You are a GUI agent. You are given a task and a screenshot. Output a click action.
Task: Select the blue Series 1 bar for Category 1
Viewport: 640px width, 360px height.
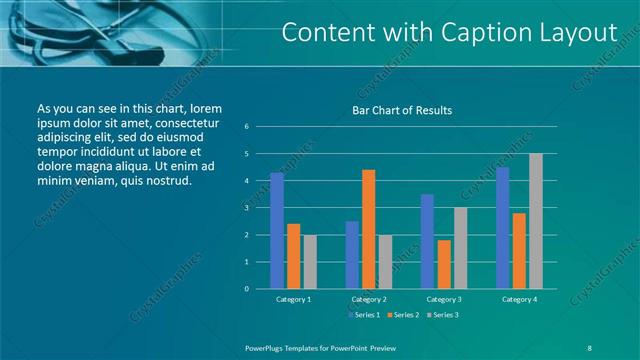click(276, 230)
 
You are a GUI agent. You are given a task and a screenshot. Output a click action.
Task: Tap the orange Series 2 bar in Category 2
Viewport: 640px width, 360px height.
click(368, 229)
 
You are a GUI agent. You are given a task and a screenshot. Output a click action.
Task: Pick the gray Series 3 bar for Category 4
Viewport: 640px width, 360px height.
click(536, 221)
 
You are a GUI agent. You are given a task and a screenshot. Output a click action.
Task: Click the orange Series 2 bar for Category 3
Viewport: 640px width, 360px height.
click(443, 264)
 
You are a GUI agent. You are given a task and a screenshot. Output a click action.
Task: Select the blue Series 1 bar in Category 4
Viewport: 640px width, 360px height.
click(502, 228)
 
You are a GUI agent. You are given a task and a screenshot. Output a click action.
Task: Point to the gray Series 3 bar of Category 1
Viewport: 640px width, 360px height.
click(310, 261)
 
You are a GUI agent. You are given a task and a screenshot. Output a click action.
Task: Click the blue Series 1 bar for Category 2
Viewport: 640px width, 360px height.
click(352, 254)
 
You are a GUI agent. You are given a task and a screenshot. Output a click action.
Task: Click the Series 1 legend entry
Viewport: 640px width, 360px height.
click(363, 315)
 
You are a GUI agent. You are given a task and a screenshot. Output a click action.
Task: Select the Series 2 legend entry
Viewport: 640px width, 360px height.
click(403, 315)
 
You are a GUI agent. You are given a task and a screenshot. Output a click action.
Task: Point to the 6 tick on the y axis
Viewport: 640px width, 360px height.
click(247, 127)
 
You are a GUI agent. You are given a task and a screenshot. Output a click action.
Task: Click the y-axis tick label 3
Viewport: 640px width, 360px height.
click(247, 208)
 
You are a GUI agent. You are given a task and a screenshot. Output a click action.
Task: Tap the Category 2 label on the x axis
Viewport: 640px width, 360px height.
click(368, 299)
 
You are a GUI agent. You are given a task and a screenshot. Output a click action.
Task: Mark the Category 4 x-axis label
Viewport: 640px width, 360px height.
click(518, 299)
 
